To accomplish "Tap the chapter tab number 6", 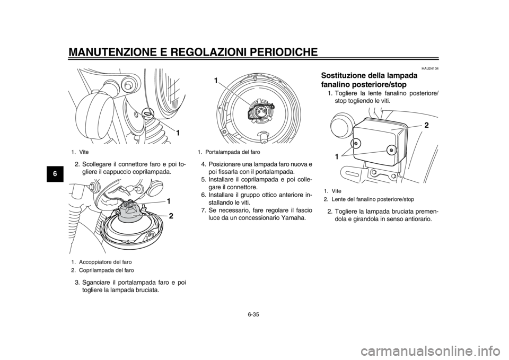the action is tap(56, 173).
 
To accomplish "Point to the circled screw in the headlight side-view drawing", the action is tap(147, 112).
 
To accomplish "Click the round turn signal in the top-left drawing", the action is tap(93, 112).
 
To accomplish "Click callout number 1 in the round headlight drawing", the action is tap(215, 81).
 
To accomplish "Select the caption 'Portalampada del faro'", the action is tap(232, 152).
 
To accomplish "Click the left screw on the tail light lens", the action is tap(356, 144).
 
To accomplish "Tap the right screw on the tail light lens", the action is tap(391, 150).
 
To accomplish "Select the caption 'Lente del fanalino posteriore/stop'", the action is tap(373, 199).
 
